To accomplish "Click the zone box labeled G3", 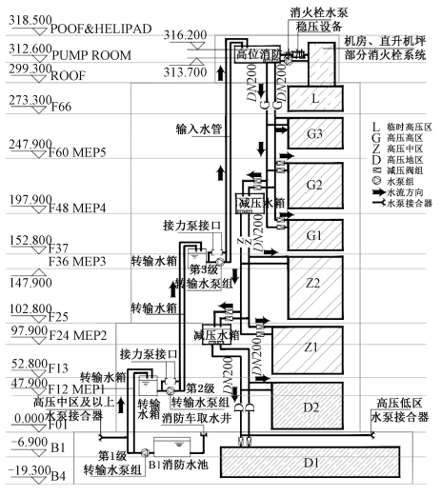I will [315, 132].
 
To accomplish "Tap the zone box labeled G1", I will [315, 232].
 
